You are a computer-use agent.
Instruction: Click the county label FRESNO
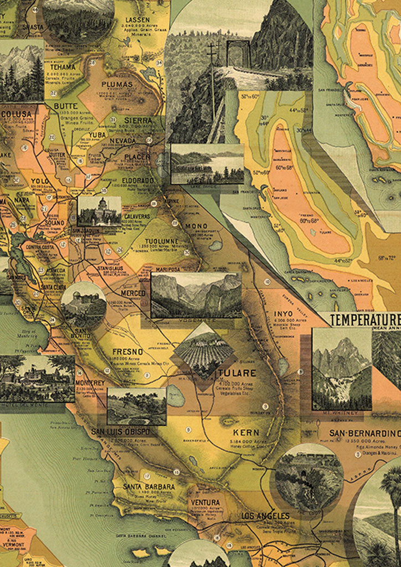tap(127, 352)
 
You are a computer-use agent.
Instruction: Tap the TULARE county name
tap(237, 373)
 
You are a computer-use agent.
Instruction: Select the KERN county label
tap(245, 431)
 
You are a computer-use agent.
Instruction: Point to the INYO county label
tap(284, 314)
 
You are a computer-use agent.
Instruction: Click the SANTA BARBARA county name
tap(149, 487)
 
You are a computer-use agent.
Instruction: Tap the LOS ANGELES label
tap(265, 516)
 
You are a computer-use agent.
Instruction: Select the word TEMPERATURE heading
tap(364, 320)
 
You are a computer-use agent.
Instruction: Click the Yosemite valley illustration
tap(196, 295)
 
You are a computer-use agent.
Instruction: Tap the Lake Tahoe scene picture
tap(207, 164)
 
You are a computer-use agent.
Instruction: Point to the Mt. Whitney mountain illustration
tap(341, 369)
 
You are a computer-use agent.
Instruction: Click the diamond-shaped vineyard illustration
tap(203, 352)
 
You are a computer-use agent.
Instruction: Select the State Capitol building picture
tap(99, 210)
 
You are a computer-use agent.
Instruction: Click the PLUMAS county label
tap(117, 85)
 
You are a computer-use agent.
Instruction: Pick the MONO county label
tap(197, 226)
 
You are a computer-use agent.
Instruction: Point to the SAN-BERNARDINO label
tap(364, 433)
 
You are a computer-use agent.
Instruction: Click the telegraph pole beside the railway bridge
tap(213, 83)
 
